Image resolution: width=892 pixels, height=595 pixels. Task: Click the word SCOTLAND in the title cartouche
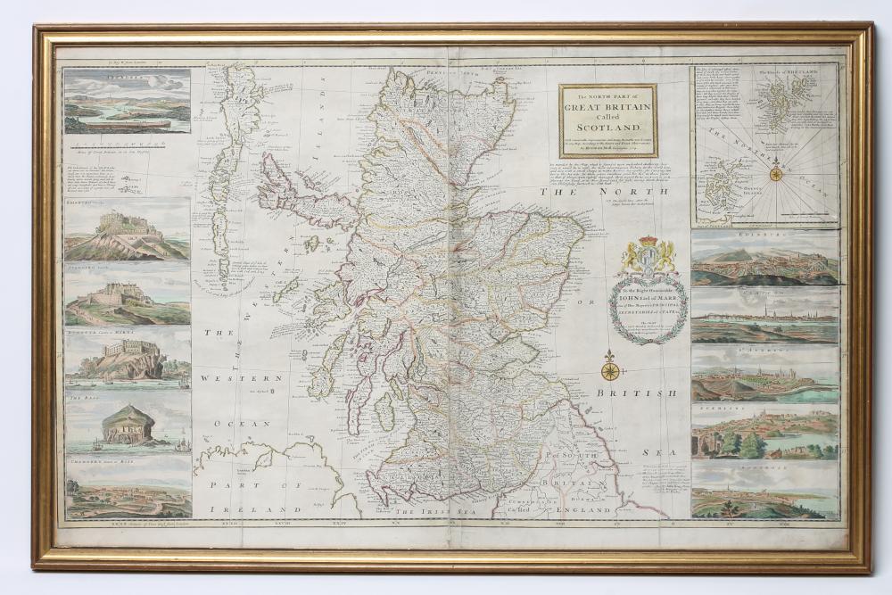click(607, 126)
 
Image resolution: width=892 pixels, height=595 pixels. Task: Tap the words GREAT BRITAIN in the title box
click(607, 108)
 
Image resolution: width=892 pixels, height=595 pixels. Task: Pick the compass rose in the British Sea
click(610, 369)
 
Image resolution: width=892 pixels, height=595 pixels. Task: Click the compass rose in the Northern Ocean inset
click(775, 173)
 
